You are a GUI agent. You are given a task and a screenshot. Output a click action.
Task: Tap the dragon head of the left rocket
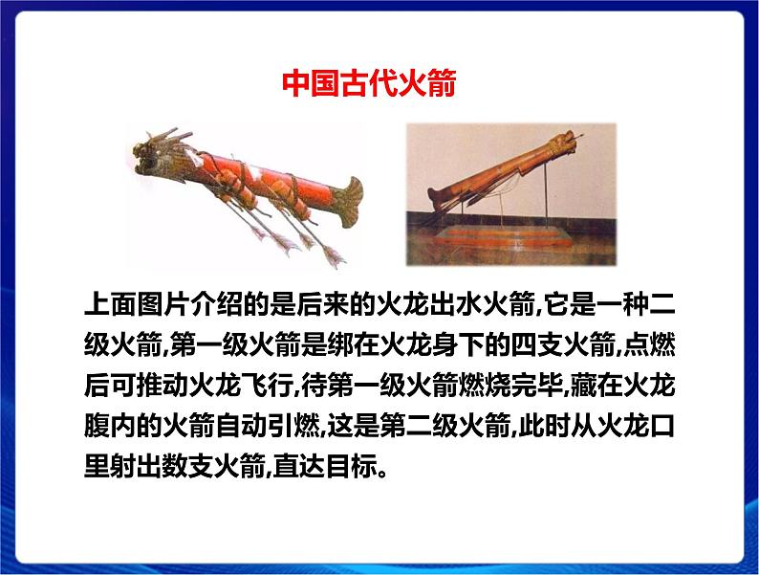(x=154, y=153)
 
